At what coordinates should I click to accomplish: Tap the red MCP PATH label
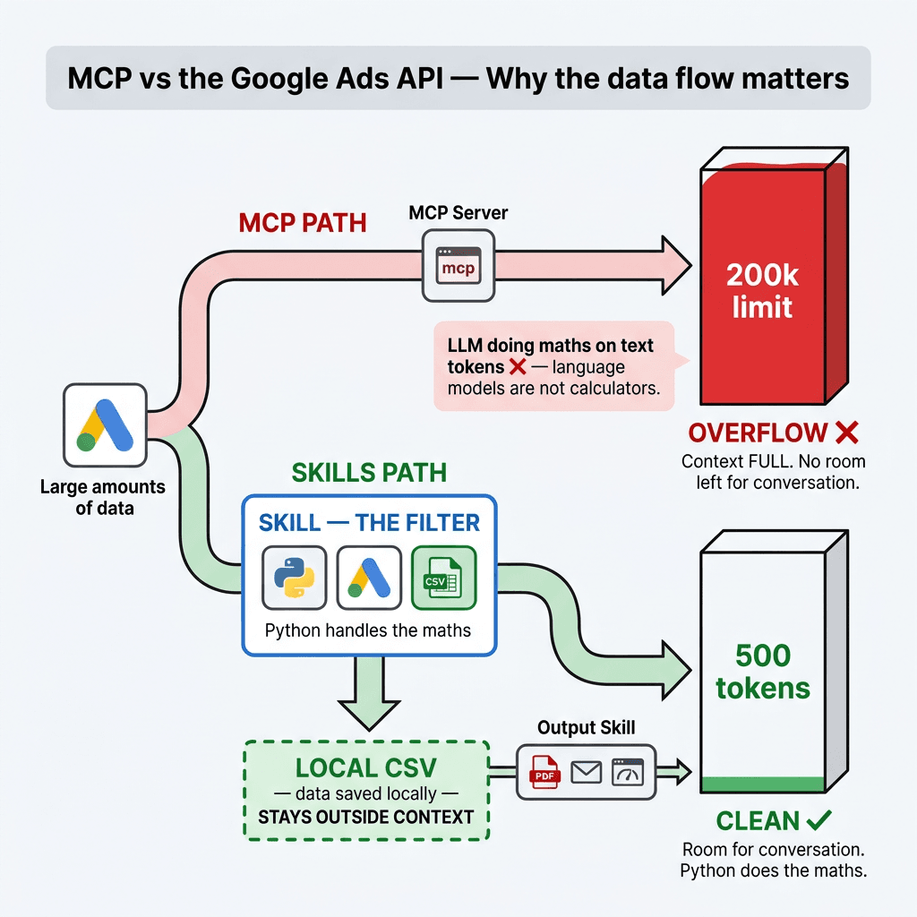click(x=302, y=222)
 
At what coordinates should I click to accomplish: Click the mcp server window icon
click(x=458, y=266)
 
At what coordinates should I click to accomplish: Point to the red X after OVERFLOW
click(x=846, y=433)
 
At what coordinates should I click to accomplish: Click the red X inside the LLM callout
click(x=517, y=367)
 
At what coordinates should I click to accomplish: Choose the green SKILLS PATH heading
click(x=369, y=472)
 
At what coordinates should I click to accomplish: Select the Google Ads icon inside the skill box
click(x=368, y=578)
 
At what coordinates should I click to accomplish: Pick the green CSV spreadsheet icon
click(x=443, y=578)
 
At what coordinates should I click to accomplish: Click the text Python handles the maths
click(x=368, y=630)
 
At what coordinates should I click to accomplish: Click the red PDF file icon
click(x=544, y=771)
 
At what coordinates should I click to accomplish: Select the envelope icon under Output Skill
click(x=586, y=771)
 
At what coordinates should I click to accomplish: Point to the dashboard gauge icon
click(x=629, y=771)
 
